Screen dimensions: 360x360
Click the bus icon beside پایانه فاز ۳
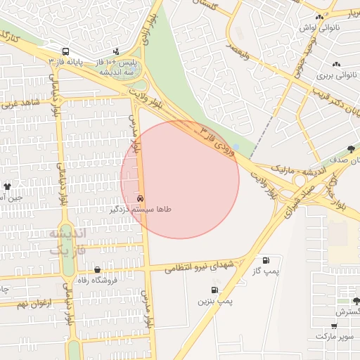(65, 51)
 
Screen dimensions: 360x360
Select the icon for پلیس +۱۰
(116, 51)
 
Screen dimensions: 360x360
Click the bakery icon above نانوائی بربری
(336, 63)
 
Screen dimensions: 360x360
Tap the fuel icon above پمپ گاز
(265, 260)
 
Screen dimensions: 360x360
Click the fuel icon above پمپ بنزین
(214, 290)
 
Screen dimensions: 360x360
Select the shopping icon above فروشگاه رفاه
(97, 270)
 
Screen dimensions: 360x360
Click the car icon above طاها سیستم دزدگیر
(141, 198)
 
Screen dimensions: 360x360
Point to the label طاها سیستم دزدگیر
(141, 210)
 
